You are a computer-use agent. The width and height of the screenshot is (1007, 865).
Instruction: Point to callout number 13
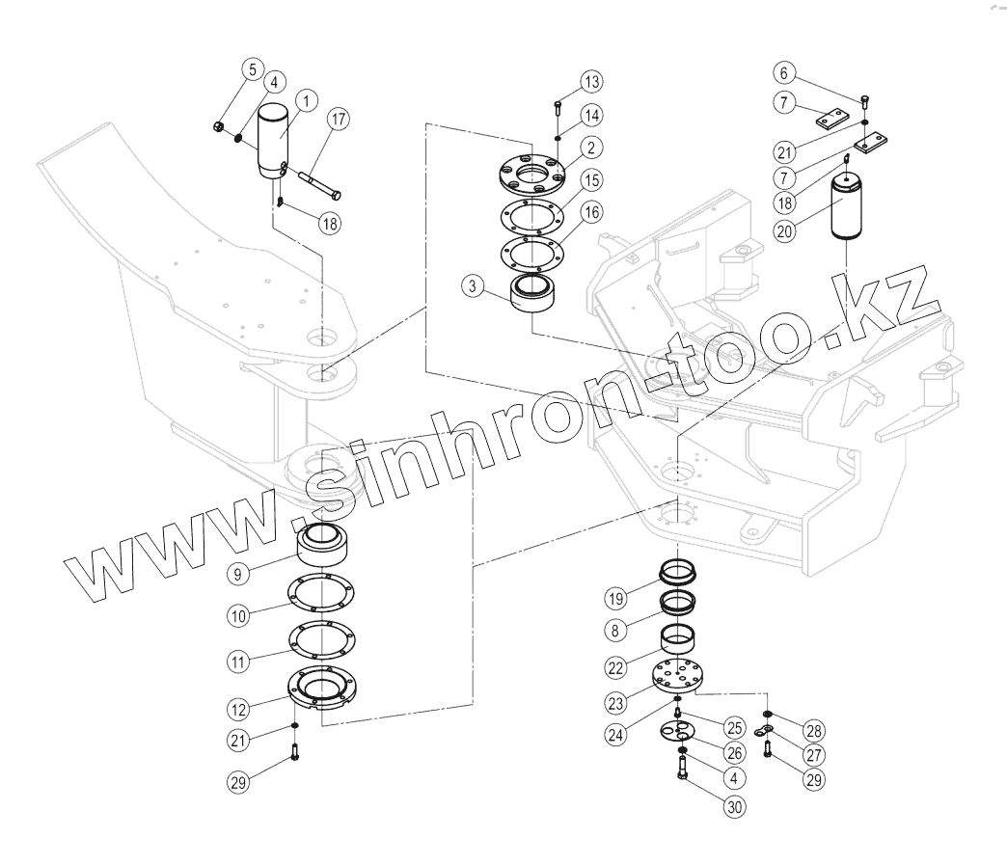click(590, 79)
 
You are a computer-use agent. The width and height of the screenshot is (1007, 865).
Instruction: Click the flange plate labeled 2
click(530, 174)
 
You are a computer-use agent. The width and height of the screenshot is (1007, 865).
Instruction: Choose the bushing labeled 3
click(532, 296)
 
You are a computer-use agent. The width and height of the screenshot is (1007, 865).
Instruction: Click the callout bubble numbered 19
click(616, 598)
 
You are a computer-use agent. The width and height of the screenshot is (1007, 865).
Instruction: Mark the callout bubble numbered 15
click(590, 179)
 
